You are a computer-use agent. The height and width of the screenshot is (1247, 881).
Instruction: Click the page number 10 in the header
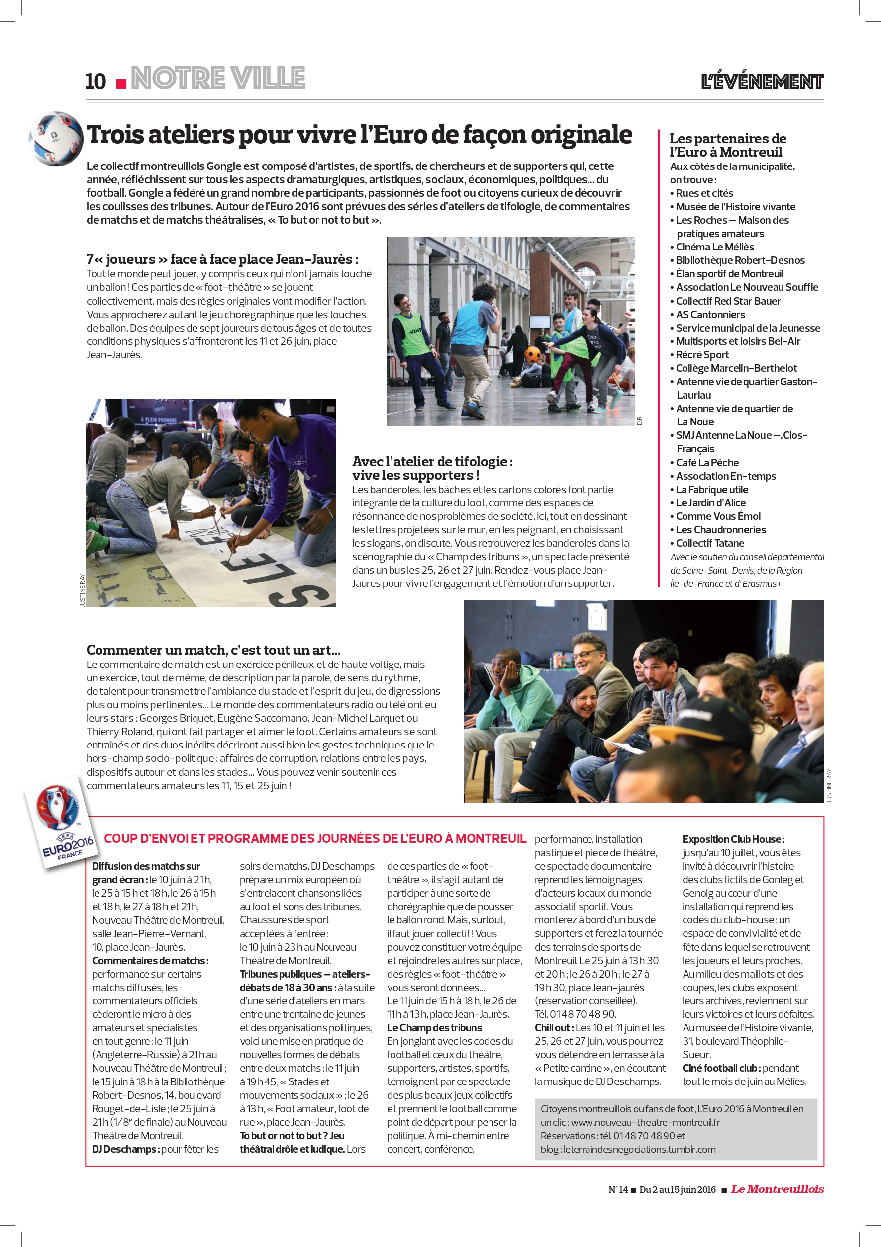96,82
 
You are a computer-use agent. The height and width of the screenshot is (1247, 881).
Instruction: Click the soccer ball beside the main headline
55,138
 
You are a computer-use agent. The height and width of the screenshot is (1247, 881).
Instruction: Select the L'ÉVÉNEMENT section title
762,82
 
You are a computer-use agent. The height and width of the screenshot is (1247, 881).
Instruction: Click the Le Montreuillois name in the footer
777,1189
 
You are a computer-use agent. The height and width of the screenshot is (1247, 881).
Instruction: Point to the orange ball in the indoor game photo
533,355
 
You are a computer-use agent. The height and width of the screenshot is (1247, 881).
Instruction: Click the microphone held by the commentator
647,701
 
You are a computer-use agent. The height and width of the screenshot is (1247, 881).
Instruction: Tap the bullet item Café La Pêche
706,462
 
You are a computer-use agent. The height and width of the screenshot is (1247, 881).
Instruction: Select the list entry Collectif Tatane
709,543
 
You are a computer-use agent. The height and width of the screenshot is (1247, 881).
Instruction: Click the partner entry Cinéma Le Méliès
714,247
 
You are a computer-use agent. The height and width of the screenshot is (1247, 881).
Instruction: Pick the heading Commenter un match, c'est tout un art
213,650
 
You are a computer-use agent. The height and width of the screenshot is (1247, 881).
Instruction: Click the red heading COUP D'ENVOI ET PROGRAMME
315,838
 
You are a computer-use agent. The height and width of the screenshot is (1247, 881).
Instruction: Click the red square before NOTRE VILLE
122,83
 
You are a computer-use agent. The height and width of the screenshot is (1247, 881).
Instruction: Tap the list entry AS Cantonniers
710,315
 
